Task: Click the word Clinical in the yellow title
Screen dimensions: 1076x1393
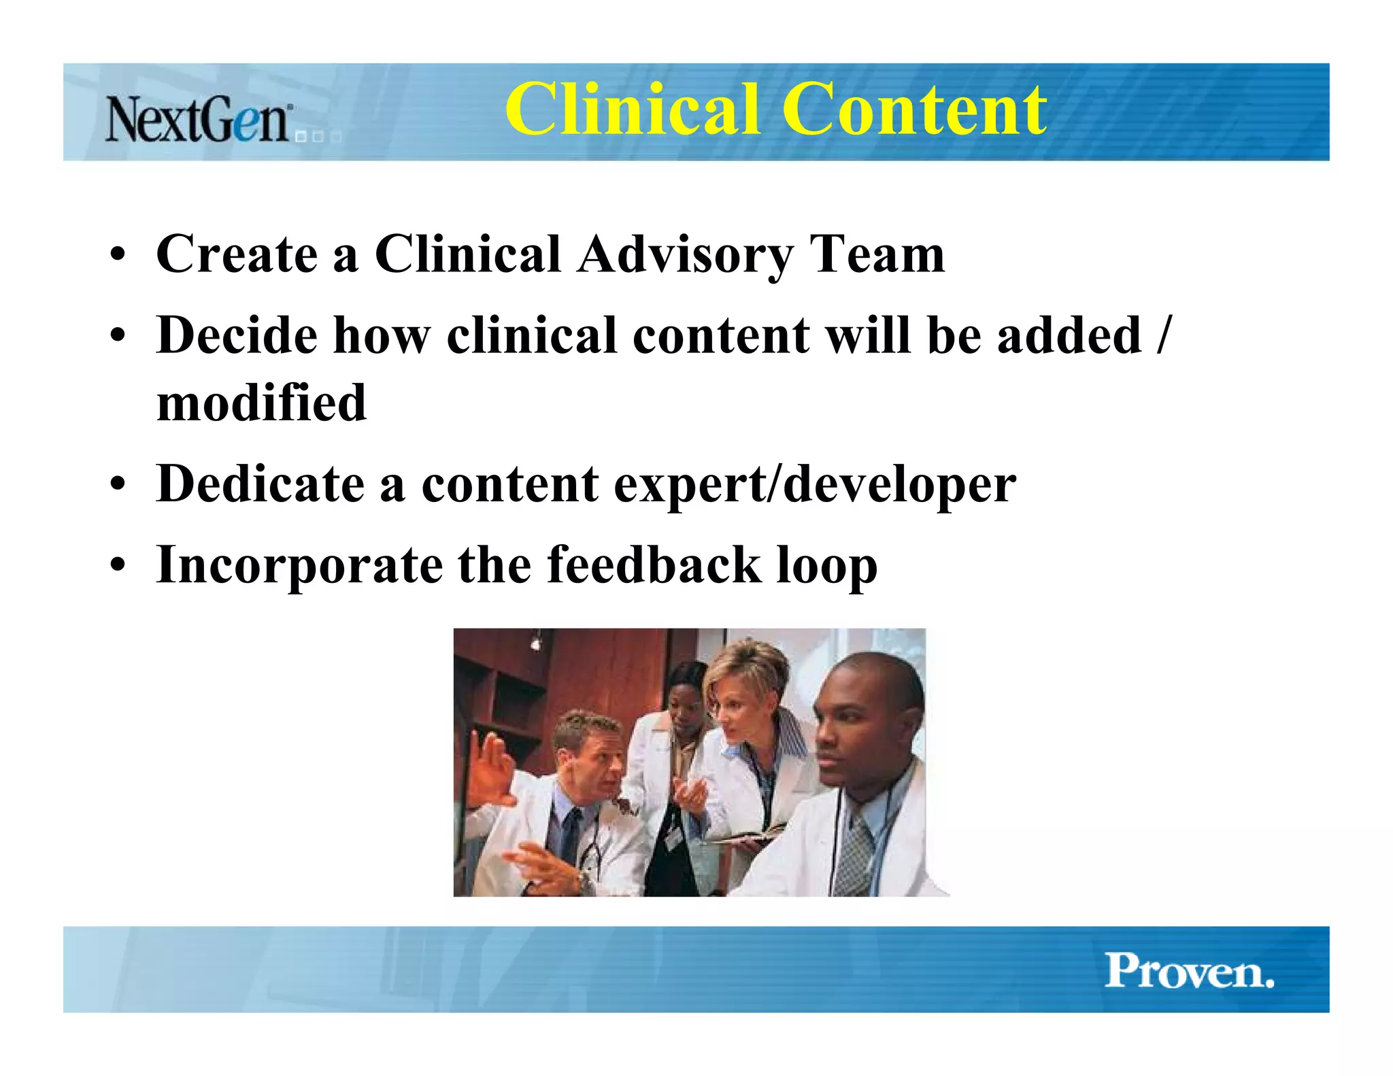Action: (x=631, y=109)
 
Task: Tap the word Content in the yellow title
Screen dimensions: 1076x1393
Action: (x=914, y=109)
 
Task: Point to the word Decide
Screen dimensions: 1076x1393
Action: (x=237, y=335)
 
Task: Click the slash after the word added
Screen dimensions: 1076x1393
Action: (x=1163, y=335)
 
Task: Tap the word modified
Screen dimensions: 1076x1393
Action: (x=261, y=403)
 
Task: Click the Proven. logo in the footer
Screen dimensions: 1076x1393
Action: (x=1189, y=971)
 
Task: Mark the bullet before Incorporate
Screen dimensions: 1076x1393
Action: (x=118, y=566)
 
